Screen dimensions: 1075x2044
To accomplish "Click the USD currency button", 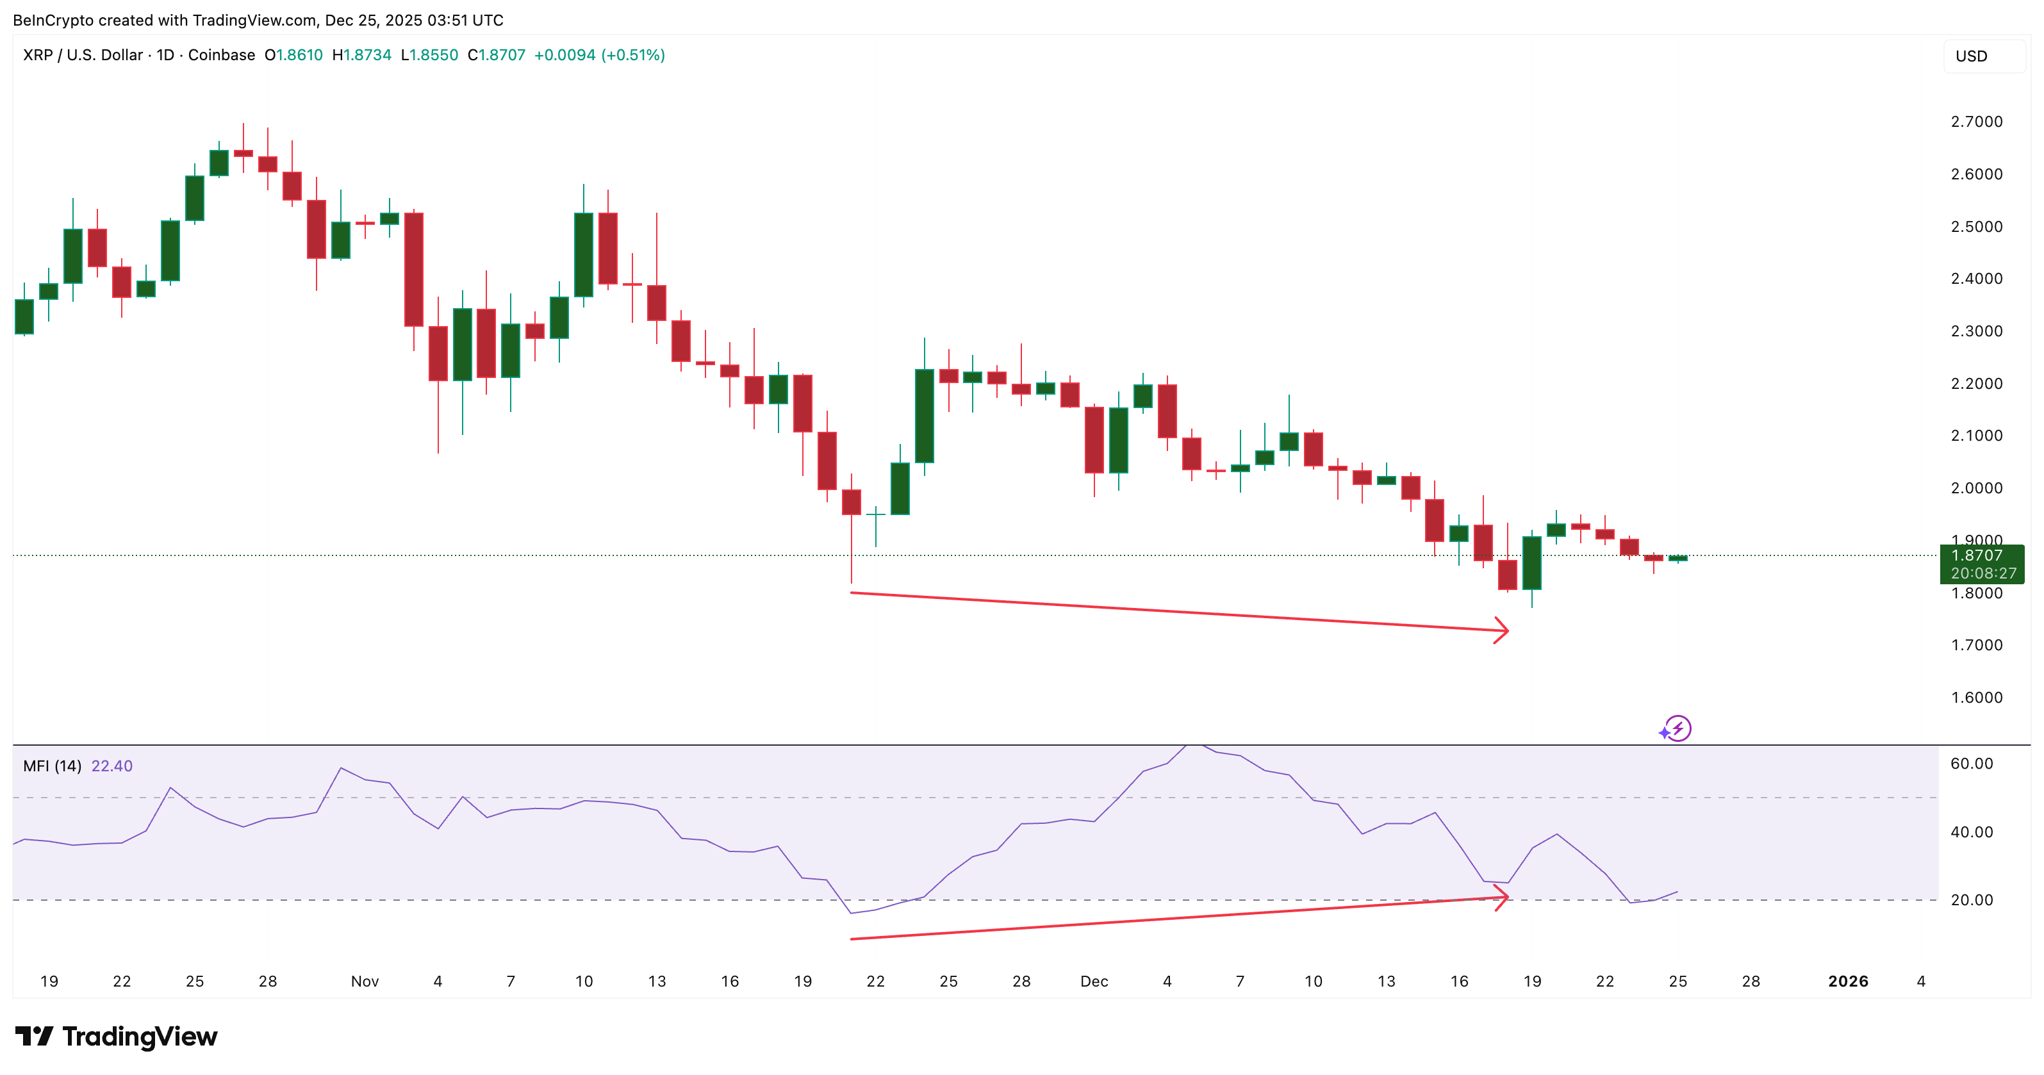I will click(x=1971, y=56).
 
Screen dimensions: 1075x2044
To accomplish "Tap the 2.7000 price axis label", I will click(x=1976, y=121).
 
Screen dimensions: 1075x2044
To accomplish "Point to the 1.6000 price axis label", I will click(x=1976, y=698).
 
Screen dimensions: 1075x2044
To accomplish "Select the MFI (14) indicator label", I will click(x=53, y=766).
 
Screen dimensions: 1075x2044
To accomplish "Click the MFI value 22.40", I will click(x=112, y=766).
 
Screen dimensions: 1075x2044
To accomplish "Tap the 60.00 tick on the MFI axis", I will click(x=1971, y=763).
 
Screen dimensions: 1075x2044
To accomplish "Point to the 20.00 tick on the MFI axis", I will click(x=1971, y=899).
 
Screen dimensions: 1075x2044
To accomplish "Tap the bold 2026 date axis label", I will click(x=1847, y=981).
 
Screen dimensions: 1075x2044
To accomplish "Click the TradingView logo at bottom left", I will click(x=116, y=1036).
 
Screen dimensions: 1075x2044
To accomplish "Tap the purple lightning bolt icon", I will click(x=1677, y=728).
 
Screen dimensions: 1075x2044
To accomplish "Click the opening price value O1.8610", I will click(x=293, y=54).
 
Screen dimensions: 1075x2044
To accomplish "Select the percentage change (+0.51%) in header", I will click(x=632, y=54).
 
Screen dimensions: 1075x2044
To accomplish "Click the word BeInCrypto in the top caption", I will click(x=54, y=20).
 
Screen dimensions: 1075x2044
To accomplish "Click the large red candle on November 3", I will click(x=413, y=270).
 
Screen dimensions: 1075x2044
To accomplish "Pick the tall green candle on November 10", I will click(x=583, y=254).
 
